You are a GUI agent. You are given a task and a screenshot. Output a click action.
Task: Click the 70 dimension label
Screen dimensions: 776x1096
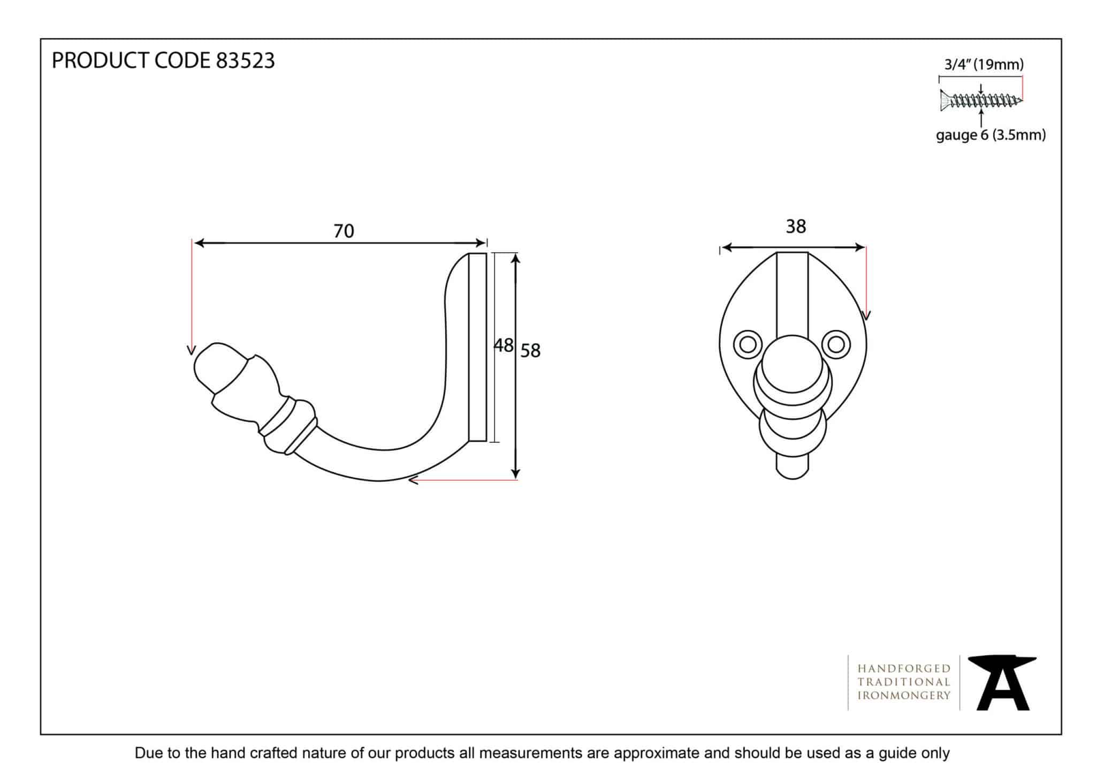point(344,231)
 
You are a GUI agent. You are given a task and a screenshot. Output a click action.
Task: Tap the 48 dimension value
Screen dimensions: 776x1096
point(503,345)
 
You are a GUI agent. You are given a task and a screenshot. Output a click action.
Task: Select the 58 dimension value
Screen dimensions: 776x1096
point(530,351)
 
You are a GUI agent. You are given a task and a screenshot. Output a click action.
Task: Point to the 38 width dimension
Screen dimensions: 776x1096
point(795,227)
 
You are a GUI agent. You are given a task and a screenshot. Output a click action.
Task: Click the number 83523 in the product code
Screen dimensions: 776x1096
point(245,61)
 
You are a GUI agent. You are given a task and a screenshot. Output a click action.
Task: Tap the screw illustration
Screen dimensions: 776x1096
point(980,100)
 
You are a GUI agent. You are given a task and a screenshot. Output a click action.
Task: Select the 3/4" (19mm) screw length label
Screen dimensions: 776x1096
point(984,65)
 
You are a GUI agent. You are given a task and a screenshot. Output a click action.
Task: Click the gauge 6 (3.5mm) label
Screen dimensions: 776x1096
point(991,135)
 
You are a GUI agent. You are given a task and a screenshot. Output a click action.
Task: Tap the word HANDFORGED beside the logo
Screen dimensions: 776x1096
point(904,668)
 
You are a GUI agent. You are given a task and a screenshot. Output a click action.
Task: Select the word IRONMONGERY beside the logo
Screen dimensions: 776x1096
point(904,696)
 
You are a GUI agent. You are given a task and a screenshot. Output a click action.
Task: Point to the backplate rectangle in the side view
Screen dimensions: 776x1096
point(477,347)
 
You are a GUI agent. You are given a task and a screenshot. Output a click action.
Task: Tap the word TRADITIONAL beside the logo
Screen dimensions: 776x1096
point(904,682)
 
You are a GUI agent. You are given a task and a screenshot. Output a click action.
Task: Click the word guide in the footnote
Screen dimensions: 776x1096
point(899,753)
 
